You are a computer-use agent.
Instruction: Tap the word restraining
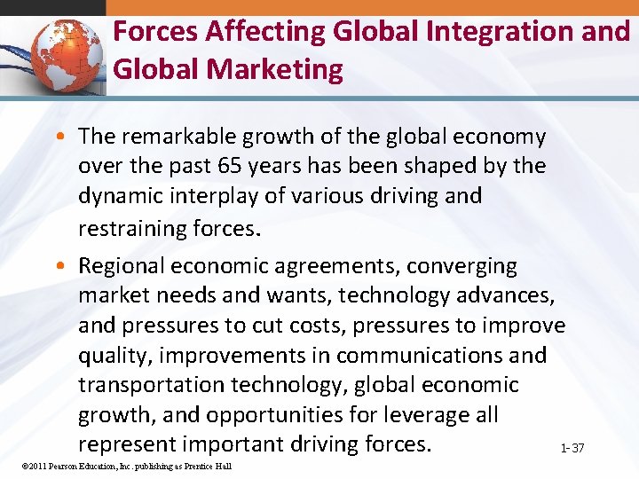coord(131,229)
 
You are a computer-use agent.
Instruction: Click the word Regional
coord(121,266)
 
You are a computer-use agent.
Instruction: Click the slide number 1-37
coord(572,448)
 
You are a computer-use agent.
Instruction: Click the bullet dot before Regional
coord(67,266)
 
